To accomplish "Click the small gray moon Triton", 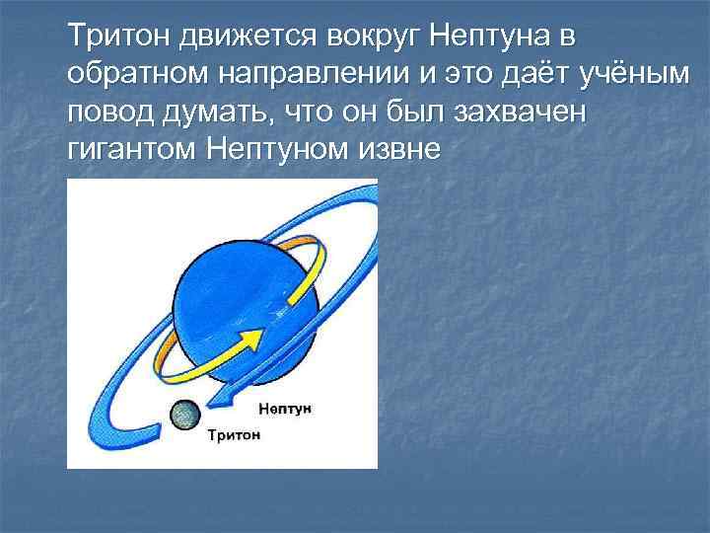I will click(x=183, y=415).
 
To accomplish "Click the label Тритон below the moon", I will click(x=234, y=434).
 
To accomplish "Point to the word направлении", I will click(x=279, y=75).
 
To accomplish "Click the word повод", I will click(x=106, y=113).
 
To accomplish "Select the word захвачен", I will click(x=519, y=113).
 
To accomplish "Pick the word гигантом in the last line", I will click(x=133, y=151).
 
